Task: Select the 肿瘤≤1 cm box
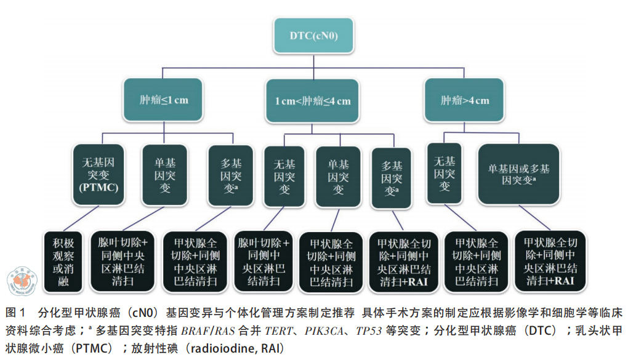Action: pos(164,100)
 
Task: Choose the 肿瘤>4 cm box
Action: pos(464,100)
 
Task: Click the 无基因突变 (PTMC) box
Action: pos(99,174)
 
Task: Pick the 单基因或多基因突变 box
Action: pos(519,174)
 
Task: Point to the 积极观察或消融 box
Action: pos(64,261)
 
